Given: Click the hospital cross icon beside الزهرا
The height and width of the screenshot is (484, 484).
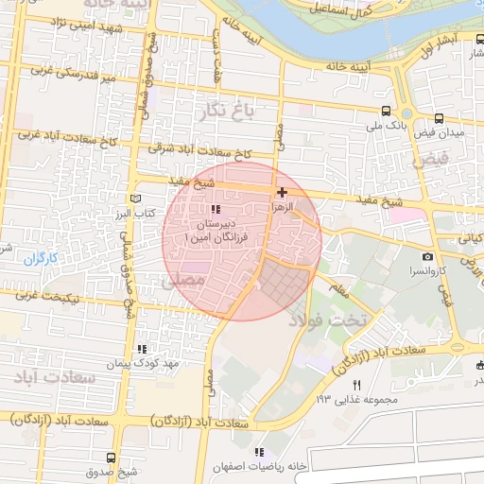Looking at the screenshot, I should tap(282, 192).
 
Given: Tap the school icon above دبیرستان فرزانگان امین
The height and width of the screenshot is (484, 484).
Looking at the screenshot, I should tap(216, 209).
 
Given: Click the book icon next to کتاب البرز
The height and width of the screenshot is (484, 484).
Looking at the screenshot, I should tap(140, 199).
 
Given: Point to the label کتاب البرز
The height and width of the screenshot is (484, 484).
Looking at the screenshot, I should tap(136, 214).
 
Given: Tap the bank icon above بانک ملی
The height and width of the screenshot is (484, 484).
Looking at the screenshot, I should tap(386, 110).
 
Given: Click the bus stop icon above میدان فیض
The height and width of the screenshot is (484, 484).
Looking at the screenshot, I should tap(439, 119).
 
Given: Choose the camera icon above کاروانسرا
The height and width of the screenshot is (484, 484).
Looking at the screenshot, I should tap(427, 256).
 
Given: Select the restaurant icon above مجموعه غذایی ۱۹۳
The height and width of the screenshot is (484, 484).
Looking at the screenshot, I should tap(356, 385).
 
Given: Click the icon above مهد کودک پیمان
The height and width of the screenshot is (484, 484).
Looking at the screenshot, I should tap(142, 349).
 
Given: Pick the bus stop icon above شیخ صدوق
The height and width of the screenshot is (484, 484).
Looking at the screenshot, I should tap(112, 458).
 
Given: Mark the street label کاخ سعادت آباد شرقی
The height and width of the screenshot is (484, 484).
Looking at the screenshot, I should tap(201, 150).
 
